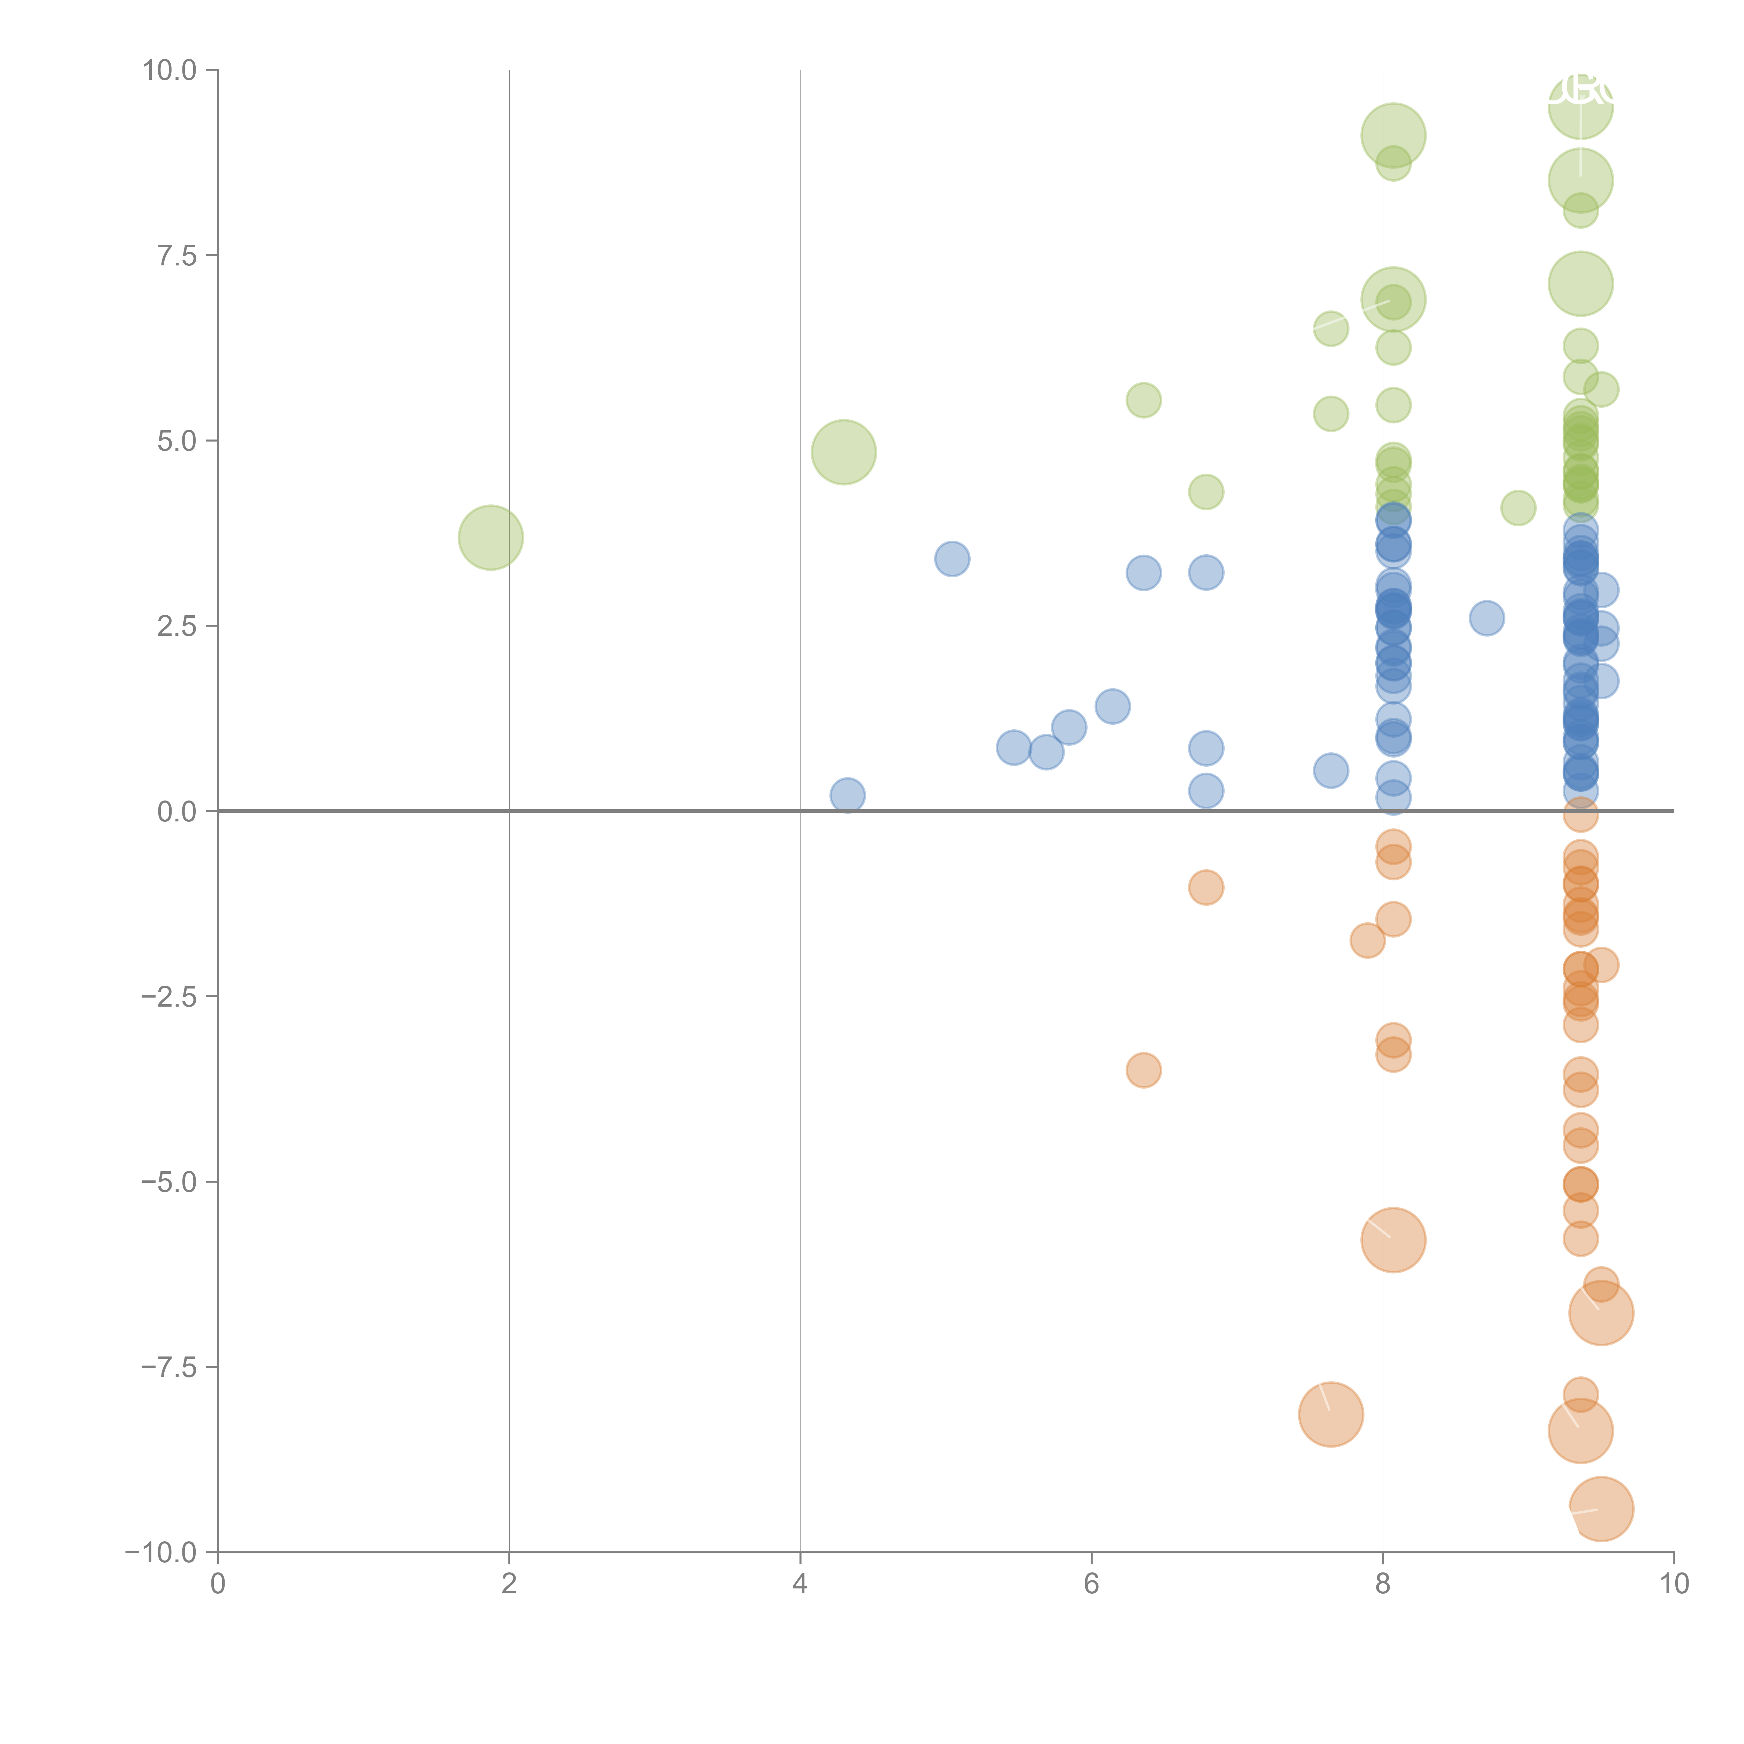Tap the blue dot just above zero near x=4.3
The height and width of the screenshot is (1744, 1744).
point(847,795)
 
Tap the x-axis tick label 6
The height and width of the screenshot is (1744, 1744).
point(1091,1584)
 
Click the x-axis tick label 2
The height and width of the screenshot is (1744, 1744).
point(509,1584)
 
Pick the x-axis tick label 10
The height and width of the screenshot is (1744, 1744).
point(1674,1584)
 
